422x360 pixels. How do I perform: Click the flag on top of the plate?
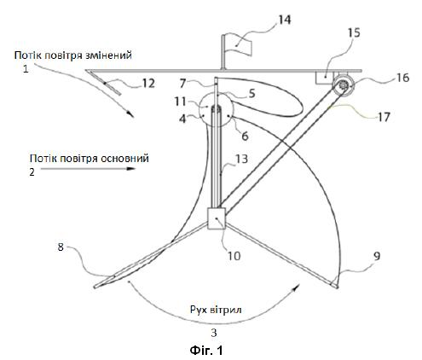[238, 47]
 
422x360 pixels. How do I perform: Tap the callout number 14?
[284, 20]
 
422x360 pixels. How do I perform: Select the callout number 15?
[354, 32]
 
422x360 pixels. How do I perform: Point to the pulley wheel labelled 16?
[344, 84]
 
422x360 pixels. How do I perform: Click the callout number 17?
[384, 117]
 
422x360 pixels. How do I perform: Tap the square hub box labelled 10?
[217, 218]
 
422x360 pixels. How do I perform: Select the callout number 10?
[234, 256]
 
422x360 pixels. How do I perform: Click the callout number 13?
[241, 159]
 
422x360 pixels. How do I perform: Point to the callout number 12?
[148, 84]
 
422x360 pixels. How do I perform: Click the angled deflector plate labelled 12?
[104, 83]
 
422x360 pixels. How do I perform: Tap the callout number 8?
[61, 247]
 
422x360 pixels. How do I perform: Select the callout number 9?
[376, 256]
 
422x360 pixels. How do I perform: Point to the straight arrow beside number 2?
[88, 169]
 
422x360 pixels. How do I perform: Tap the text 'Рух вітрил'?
[216, 309]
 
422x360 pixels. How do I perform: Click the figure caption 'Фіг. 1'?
[206, 350]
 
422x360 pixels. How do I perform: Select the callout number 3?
[214, 333]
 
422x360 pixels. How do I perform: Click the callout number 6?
[245, 136]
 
